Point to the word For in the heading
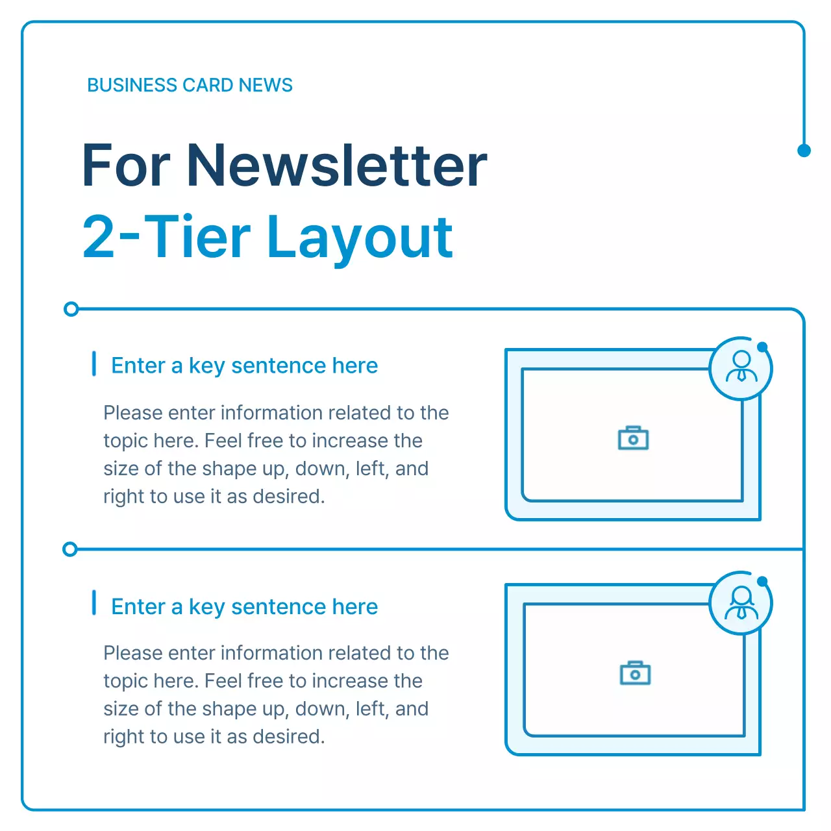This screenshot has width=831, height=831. pos(126,166)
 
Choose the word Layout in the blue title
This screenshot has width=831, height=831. pos(360,238)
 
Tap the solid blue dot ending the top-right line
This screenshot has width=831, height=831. pos(804,151)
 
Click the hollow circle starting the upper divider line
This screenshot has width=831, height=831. pos(71,309)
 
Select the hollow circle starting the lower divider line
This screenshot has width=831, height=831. pos(70,550)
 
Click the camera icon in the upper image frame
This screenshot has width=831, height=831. pos(633,439)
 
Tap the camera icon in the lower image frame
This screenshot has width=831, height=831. pos(635,673)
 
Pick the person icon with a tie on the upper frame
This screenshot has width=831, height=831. pos(741,367)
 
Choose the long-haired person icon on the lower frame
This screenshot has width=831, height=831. pos(741,602)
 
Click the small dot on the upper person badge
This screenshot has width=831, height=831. pos(762,347)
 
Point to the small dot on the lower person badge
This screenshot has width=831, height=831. pos(762,581)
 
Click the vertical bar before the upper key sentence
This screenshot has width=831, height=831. pos(94,364)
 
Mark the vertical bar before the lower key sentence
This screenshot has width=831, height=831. pos(94,603)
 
